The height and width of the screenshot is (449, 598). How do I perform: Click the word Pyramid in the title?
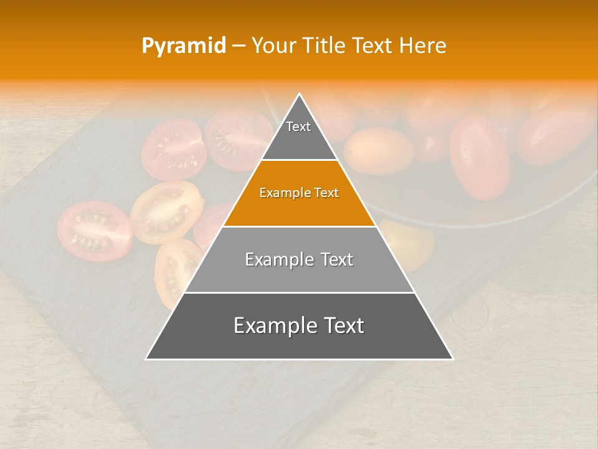(183, 46)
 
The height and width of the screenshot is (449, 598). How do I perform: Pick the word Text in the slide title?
(373, 46)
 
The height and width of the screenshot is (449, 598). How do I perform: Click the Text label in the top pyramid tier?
(298, 127)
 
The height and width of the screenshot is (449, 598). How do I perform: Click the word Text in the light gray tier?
(337, 259)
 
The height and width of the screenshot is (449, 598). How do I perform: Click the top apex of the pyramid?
(300, 95)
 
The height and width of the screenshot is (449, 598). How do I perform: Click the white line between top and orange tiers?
(300, 160)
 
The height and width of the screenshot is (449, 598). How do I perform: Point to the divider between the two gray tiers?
(300, 292)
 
